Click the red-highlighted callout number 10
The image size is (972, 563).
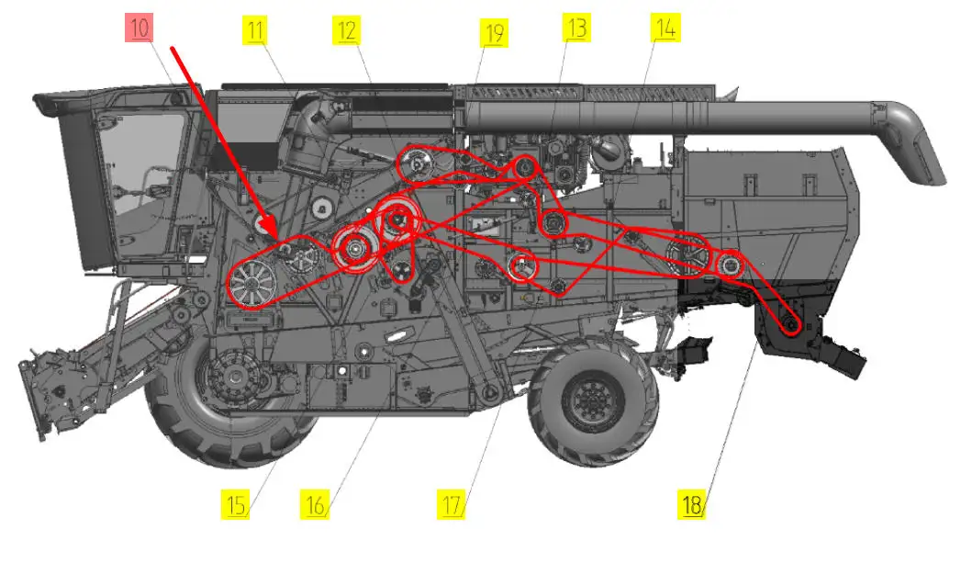pyautogui.click(x=140, y=28)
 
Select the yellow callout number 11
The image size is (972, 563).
pyautogui.click(x=255, y=30)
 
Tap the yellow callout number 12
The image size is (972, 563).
pyautogui.click(x=347, y=30)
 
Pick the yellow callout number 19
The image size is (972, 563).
pyautogui.click(x=494, y=33)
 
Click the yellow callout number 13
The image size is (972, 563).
pyautogui.click(x=577, y=28)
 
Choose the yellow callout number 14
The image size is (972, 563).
pyautogui.click(x=665, y=28)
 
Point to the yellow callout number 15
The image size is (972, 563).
pyautogui.click(x=236, y=504)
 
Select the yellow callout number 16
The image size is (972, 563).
pyautogui.click(x=315, y=504)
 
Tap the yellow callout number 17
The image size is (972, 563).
pyautogui.click(x=452, y=504)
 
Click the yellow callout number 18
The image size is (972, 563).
pyautogui.click(x=691, y=504)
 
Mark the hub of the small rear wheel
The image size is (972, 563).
pyautogui.click(x=591, y=400)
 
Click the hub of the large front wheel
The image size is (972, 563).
pyautogui.click(x=235, y=377)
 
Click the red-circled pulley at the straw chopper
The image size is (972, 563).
pyautogui.click(x=790, y=324)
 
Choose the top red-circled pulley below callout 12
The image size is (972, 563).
pyautogui.click(x=418, y=164)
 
